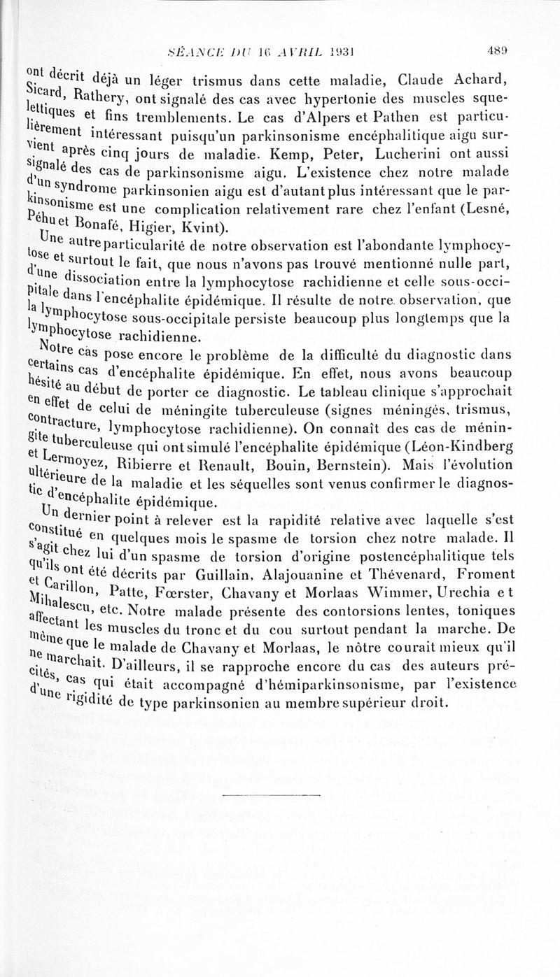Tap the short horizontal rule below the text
272,796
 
